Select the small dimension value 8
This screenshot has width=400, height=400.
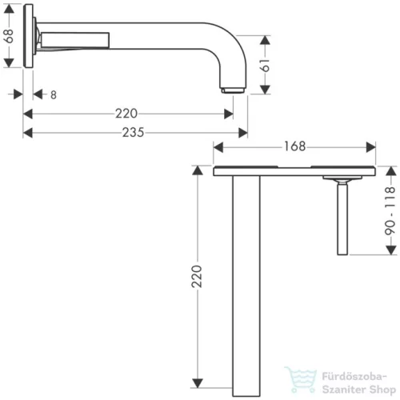53,94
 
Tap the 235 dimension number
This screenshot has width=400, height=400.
134,133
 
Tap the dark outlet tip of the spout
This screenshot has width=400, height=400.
231,89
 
